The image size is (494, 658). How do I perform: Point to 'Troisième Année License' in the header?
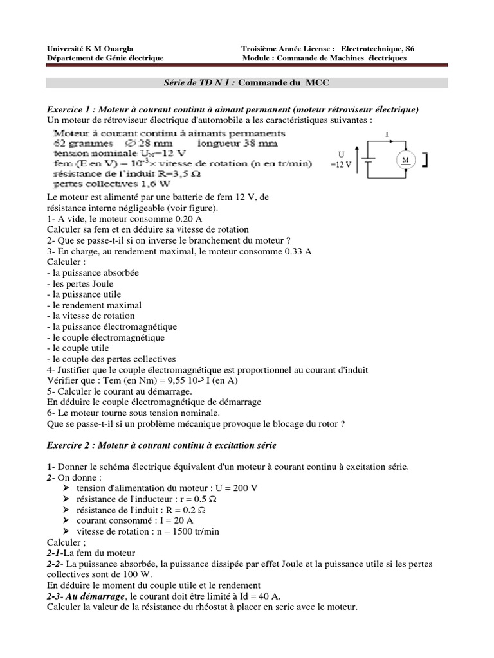click(x=288, y=49)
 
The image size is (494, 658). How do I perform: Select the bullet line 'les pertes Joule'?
click(x=80, y=283)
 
